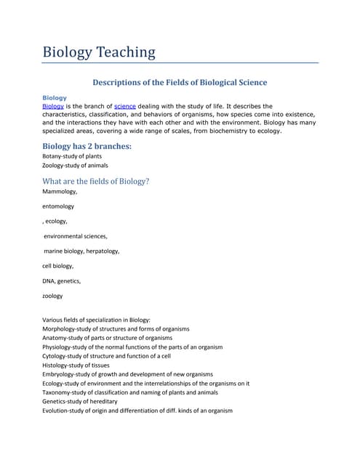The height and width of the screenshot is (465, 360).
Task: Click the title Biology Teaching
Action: (99, 52)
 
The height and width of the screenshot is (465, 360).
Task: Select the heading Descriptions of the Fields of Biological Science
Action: (180, 82)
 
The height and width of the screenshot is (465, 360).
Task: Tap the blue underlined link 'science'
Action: (125, 106)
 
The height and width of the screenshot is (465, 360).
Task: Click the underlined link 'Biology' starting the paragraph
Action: (53, 106)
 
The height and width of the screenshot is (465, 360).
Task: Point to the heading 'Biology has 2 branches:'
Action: (87, 146)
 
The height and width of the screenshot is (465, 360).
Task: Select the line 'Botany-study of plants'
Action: (72, 156)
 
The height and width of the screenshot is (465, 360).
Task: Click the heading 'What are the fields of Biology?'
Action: (96, 181)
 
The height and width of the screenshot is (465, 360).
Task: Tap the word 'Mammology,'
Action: (60, 192)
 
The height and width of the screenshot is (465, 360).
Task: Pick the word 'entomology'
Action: (58, 206)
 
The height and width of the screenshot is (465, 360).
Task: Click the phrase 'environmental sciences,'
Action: (76, 236)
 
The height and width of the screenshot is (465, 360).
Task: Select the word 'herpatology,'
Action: (103, 251)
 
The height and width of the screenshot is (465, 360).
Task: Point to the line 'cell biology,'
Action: (58, 266)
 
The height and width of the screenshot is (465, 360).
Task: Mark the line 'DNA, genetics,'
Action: (61, 281)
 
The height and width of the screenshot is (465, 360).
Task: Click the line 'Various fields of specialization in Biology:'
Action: (97, 320)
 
